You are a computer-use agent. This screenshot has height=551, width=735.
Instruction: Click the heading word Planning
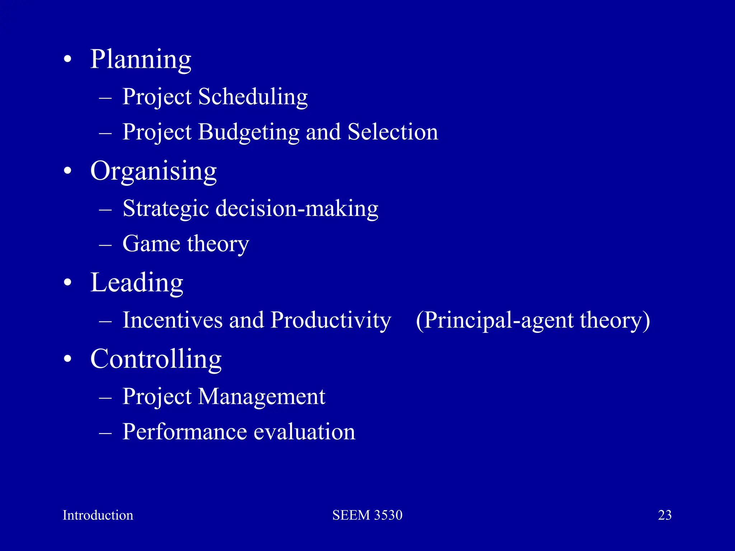(140, 60)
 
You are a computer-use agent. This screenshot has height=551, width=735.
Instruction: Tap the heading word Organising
(153, 171)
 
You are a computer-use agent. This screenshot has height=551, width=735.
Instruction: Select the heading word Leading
(137, 283)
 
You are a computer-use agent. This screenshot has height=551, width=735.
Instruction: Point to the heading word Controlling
(156, 359)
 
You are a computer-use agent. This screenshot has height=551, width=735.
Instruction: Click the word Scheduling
(253, 97)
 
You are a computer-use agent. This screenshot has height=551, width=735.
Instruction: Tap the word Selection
(393, 132)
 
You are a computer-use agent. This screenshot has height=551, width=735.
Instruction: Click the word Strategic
(165, 209)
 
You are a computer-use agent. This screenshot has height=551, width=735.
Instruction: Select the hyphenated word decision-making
(296, 209)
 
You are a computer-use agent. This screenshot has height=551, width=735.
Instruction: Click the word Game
(151, 244)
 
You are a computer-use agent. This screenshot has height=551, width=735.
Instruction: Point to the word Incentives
(172, 320)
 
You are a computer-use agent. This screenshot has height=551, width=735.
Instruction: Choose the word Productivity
(331, 321)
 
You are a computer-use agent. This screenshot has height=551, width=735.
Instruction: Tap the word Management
(261, 397)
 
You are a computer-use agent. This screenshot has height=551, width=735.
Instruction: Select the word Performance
(184, 432)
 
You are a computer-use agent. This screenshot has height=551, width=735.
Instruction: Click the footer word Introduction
(98, 515)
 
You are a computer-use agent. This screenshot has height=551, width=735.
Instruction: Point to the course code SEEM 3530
(367, 515)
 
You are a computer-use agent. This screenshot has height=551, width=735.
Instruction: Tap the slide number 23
(665, 515)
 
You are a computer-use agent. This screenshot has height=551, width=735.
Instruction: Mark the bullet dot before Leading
(67, 283)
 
